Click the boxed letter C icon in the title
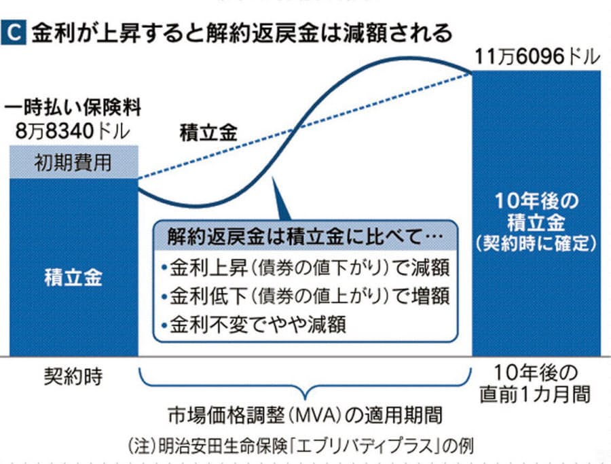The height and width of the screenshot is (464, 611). pyautogui.click(x=16, y=33)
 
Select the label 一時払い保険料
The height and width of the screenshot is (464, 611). pyautogui.click(x=70, y=108)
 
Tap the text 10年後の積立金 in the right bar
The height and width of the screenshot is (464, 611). pyautogui.click(x=536, y=213)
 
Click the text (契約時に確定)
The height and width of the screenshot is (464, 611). pyautogui.click(x=536, y=242)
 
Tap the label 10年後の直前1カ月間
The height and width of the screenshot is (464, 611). pyautogui.click(x=536, y=383)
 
